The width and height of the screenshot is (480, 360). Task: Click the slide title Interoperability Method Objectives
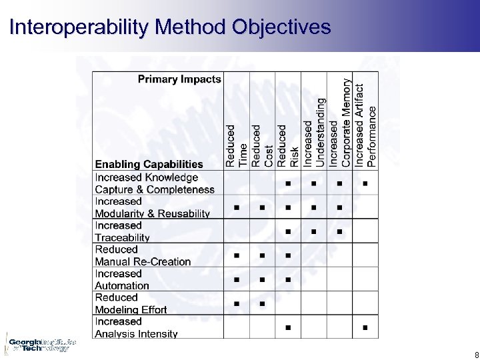pos(170,27)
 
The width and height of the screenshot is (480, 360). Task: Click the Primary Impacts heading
pos(179,79)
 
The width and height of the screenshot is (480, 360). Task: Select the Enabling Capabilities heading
pos(149,164)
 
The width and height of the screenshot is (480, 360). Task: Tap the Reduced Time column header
pos(237,145)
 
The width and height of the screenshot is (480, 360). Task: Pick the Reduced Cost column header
pos(262,145)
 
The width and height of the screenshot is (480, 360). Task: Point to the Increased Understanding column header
pos(314,133)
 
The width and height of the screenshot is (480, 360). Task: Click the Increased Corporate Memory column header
pos(339,123)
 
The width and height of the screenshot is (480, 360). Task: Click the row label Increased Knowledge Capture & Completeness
pos(155,183)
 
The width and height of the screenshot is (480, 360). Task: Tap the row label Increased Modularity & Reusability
pos(152,207)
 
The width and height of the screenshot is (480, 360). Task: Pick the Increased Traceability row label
pos(122,231)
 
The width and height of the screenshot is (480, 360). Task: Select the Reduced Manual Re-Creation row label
pos(143,255)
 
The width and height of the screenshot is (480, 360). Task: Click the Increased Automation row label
pos(122,279)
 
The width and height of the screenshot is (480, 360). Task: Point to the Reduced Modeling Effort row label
pos(131,303)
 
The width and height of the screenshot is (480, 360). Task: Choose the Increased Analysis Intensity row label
pos(136,327)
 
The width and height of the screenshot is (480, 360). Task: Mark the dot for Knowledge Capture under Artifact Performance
pos(365,183)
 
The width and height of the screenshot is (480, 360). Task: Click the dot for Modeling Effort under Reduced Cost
pos(262,304)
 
